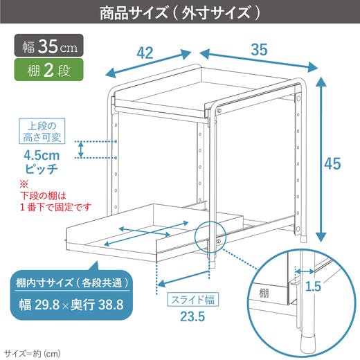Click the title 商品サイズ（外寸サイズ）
pyautogui.click(x=180, y=13)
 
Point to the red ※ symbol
pyautogui.click(x=24, y=184)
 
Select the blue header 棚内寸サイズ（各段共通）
pyautogui.click(x=73, y=282)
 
